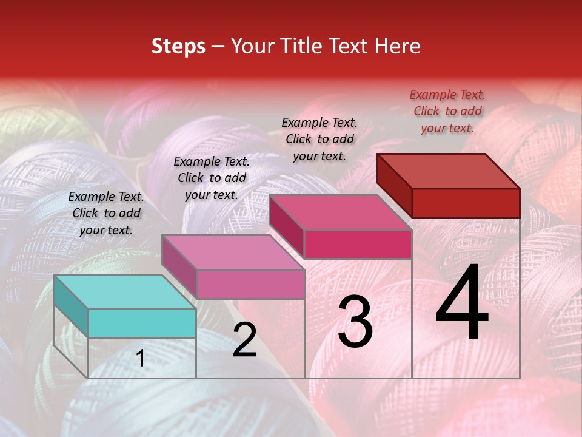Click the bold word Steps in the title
point(178,46)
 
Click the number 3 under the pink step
point(355,322)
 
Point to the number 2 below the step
point(244,340)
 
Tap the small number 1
point(141,359)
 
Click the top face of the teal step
point(124,291)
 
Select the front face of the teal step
point(142,323)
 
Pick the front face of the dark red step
point(466,203)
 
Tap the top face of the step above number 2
point(233,252)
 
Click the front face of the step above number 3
point(358,244)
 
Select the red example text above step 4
point(447,111)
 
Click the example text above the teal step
point(106,213)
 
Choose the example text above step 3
point(319,139)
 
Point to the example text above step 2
point(212,178)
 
